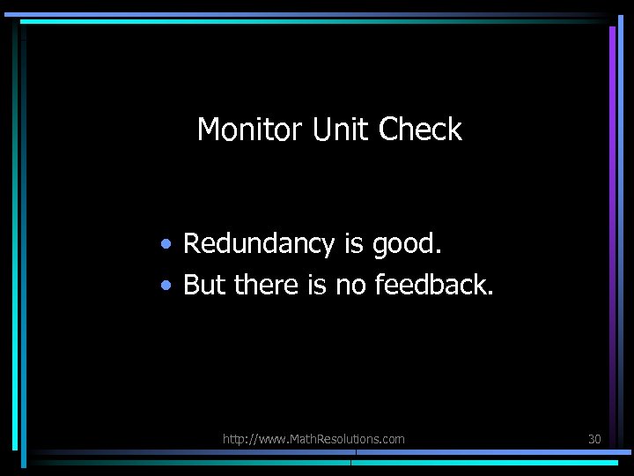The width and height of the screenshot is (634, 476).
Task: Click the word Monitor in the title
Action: [x=250, y=130]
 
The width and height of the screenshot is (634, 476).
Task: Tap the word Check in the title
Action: [x=420, y=130]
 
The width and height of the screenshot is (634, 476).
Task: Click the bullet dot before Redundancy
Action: [x=166, y=244]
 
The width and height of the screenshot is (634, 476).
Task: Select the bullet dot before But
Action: [x=166, y=285]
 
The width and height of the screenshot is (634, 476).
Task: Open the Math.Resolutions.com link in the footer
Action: [x=313, y=438]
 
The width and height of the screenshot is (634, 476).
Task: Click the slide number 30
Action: [x=594, y=438]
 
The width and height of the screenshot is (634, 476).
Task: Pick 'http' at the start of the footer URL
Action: [x=234, y=438]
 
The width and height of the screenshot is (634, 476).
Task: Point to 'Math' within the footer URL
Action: [x=301, y=438]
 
